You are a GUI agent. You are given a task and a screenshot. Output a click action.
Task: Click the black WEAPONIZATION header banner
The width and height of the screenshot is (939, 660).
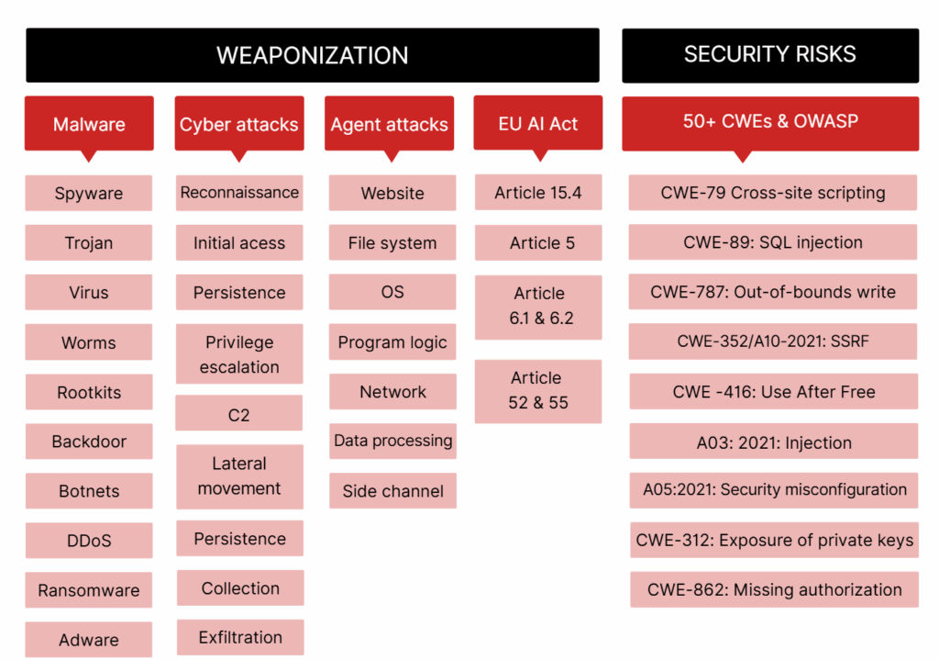pyautogui.click(x=312, y=55)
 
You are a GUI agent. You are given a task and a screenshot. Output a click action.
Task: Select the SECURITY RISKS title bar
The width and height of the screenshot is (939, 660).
pyautogui.click(x=769, y=55)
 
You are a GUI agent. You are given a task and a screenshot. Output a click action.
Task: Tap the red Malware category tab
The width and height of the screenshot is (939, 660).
pyautogui.click(x=89, y=124)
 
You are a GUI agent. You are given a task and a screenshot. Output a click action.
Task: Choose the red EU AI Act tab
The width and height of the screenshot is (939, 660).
pyautogui.click(x=537, y=123)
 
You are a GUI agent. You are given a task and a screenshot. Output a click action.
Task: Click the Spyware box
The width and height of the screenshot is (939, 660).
pyautogui.click(x=89, y=194)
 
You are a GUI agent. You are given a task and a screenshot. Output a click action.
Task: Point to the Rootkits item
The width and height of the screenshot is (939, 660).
pyautogui.click(x=89, y=392)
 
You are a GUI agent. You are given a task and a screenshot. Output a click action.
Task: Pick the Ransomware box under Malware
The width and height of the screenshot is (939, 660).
pyautogui.click(x=89, y=590)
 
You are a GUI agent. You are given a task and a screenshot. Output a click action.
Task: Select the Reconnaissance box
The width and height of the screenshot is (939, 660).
pyautogui.click(x=239, y=193)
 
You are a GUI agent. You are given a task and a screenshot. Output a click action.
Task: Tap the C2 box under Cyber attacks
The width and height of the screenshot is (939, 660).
pyautogui.click(x=239, y=415)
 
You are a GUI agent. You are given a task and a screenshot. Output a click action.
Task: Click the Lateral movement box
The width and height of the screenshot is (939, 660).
pyautogui.click(x=239, y=476)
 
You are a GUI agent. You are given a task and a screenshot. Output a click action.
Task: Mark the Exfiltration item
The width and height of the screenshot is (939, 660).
pyautogui.click(x=240, y=638)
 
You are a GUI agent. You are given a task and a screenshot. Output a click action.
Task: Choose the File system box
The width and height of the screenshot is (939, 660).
pyautogui.click(x=392, y=243)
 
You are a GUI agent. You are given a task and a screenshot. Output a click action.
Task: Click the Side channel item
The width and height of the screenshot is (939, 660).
pyautogui.click(x=392, y=491)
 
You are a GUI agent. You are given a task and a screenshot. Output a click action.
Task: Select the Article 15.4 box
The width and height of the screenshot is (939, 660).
pyautogui.click(x=537, y=193)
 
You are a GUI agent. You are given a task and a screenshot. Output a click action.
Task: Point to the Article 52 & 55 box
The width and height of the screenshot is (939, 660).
pyautogui.click(x=537, y=390)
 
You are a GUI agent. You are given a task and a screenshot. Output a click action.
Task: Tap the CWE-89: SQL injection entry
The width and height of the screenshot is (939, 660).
pyautogui.click(x=773, y=243)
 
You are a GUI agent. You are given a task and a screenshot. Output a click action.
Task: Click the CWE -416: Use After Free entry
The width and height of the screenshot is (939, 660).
pyautogui.click(x=773, y=392)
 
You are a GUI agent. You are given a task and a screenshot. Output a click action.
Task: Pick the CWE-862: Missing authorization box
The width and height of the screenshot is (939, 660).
pyautogui.click(x=774, y=590)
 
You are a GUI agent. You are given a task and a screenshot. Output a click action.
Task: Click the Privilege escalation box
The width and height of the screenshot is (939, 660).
pyautogui.click(x=239, y=354)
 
